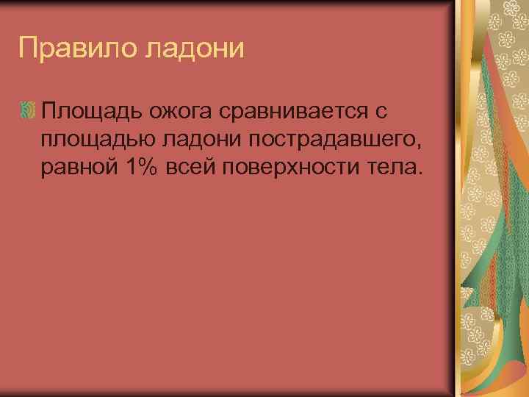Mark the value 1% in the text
(137, 168)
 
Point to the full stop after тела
(420, 174)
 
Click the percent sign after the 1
(145, 168)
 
